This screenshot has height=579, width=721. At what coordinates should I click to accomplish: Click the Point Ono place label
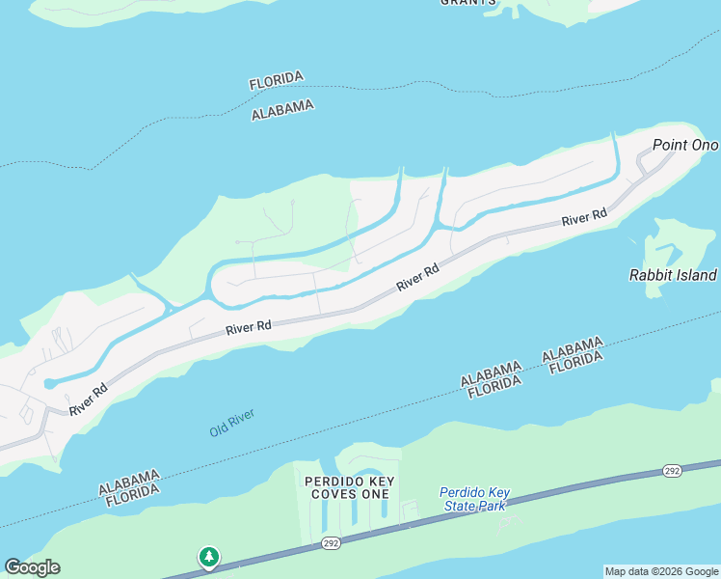pyautogui.click(x=685, y=145)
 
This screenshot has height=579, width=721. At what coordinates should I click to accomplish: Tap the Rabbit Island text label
pyautogui.click(x=673, y=274)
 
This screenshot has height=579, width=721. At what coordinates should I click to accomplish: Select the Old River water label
pyautogui.click(x=231, y=423)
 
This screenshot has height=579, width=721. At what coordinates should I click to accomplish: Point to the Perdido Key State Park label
pyautogui.click(x=474, y=498)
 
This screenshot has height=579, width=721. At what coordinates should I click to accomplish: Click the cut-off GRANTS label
pyautogui.click(x=468, y=3)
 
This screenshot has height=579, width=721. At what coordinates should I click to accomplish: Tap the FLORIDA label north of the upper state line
pyautogui.click(x=277, y=80)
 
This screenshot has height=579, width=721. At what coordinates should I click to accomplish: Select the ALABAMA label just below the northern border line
pyautogui.click(x=282, y=110)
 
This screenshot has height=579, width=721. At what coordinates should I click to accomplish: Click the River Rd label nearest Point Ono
pyautogui.click(x=585, y=218)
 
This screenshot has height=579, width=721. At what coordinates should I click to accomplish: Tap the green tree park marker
pyautogui.click(x=209, y=557)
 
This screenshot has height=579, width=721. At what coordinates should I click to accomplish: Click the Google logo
pyautogui.click(x=32, y=567)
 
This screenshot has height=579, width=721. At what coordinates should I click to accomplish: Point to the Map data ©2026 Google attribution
pyautogui.click(x=661, y=571)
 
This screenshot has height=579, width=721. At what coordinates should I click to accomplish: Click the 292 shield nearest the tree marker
pyautogui.click(x=331, y=544)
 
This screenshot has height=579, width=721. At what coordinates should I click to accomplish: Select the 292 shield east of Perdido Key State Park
pyautogui.click(x=672, y=471)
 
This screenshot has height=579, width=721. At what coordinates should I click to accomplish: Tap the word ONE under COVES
pyautogui.click(x=377, y=494)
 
